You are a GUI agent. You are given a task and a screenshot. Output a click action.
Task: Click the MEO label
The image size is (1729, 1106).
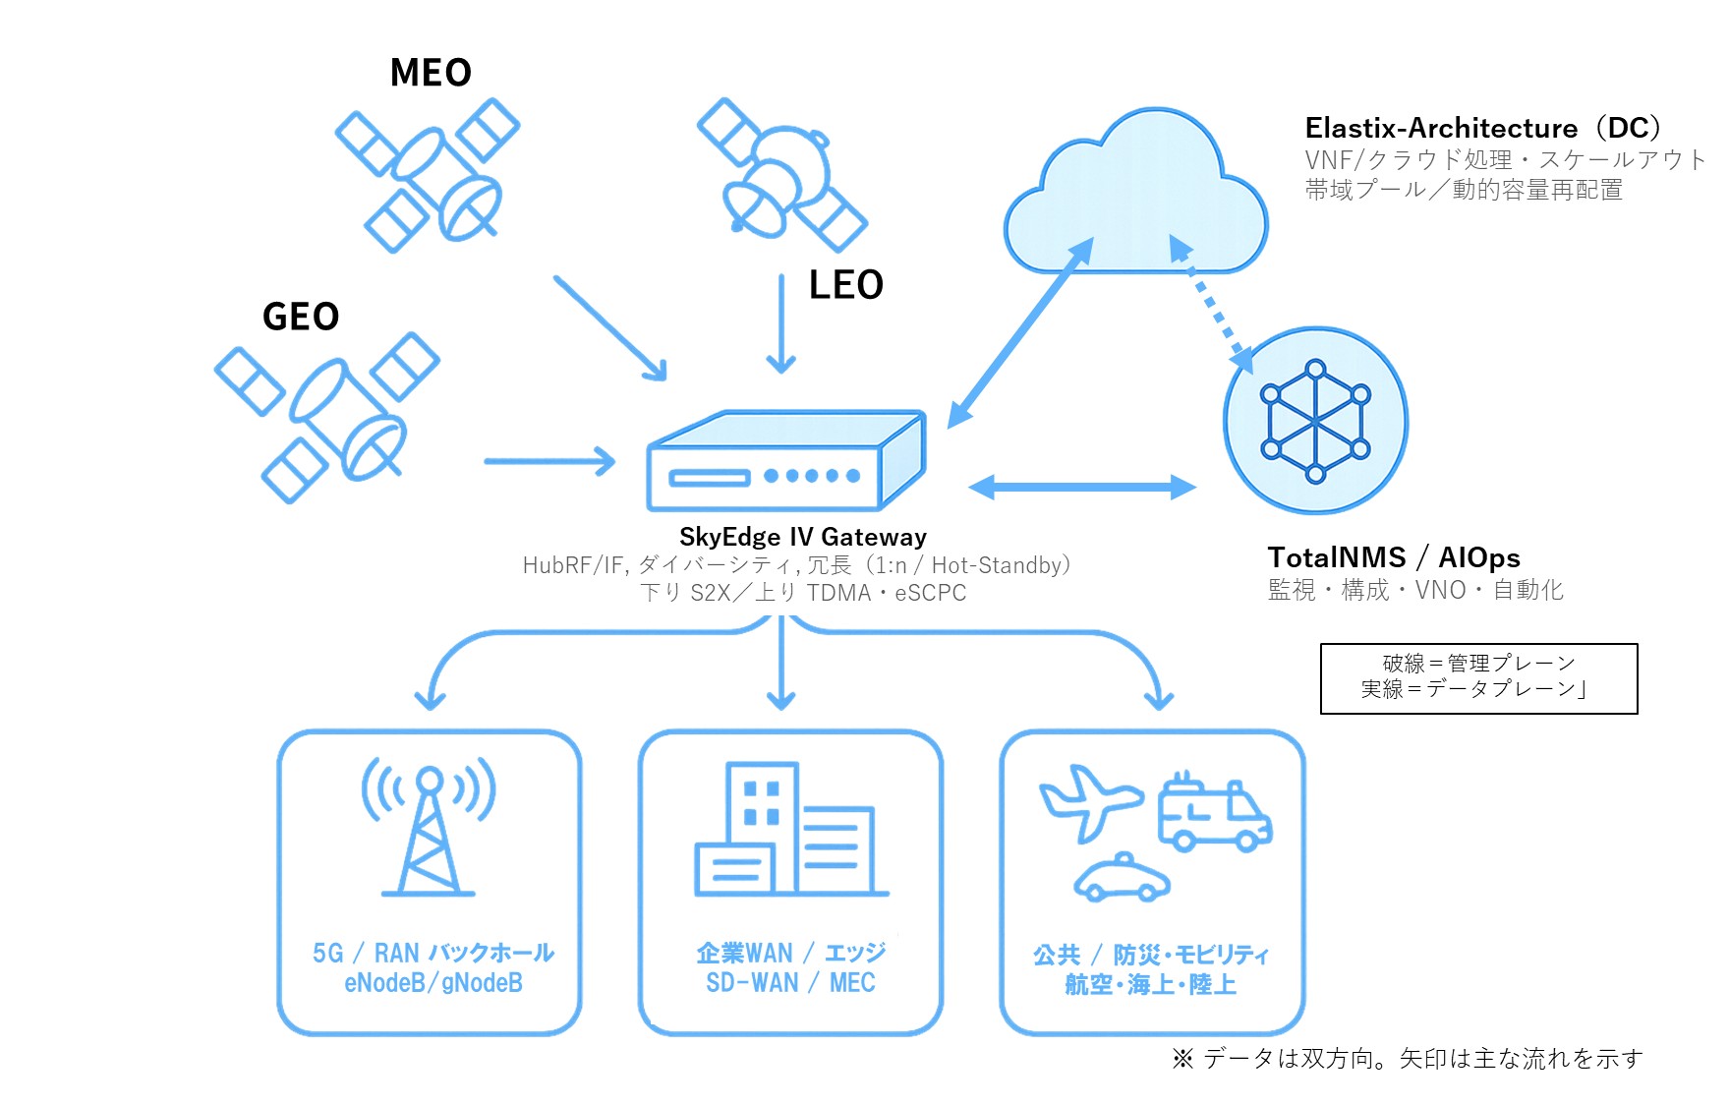tap(431, 73)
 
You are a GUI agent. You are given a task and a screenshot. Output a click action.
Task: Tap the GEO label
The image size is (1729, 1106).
tap(301, 317)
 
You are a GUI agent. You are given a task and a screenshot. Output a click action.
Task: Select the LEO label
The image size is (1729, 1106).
tap(845, 285)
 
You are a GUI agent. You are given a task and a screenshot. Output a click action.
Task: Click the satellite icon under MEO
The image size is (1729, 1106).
tap(429, 175)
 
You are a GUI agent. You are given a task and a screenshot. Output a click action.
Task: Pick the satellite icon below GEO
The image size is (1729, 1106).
tap(326, 418)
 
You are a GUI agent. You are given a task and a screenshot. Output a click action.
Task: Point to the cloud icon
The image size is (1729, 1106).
tap(1135, 197)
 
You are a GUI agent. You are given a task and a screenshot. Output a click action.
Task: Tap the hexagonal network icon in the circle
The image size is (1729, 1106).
tap(1315, 421)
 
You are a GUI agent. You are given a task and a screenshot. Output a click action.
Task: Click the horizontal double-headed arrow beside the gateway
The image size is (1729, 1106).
tap(1081, 487)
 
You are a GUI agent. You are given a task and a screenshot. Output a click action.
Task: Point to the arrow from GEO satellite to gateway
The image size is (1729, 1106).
tap(548, 460)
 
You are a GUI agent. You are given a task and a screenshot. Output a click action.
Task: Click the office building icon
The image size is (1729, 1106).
tap(790, 830)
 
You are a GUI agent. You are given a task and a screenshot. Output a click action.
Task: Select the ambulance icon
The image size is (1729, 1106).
tap(1214, 812)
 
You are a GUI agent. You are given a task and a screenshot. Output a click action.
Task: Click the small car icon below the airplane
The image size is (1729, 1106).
tap(1122, 878)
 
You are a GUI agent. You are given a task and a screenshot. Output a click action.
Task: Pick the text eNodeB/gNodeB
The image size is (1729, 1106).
tap(432, 983)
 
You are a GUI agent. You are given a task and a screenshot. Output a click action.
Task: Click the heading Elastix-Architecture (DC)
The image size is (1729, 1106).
tap(1482, 128)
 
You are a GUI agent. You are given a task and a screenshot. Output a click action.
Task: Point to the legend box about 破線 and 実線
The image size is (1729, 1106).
tap(1478, 678)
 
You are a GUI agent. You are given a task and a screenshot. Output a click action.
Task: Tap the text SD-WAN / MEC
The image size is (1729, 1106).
tap(790, 983)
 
